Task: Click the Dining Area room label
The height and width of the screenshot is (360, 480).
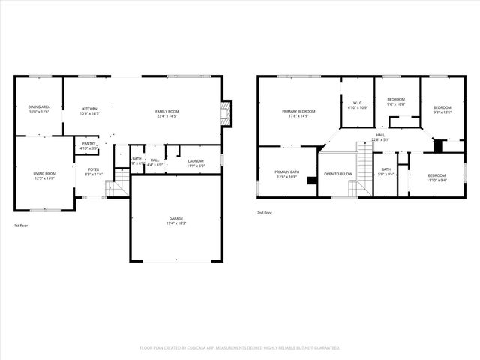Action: click(x=39, y=107)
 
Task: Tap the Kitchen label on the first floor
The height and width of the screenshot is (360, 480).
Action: click(x=89, y=109)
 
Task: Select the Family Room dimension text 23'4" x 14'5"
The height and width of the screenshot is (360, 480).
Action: click(x=167, y=116)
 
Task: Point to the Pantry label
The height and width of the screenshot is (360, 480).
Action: click(x=88, y=143)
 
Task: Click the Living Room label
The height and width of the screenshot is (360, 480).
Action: click(x=44, y=173)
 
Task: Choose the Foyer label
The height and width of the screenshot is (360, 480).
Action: click(x=93, y=169)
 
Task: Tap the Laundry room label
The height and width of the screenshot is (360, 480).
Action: click(x=196, y=160)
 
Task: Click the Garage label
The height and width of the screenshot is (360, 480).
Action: click(x=176, y=218)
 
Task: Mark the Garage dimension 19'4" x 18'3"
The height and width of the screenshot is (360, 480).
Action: click(x=176, y=223)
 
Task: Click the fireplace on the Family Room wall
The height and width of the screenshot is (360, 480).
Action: click(x=226, y=114)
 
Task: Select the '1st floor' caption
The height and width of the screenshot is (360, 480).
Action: click(x=22, y=226)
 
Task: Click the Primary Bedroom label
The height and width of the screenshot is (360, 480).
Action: click(x=298, y=112)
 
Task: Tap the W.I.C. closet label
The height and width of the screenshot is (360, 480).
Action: click(x=358, y=103)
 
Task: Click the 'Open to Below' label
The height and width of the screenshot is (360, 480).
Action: click(x=338, y=174)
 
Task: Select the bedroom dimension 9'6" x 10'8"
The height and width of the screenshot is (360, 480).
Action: click(x=396, y=104)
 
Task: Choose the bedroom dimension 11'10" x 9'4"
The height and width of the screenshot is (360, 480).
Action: click(x=436, y=180)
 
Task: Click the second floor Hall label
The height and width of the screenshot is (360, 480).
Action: click(x=380, y=135)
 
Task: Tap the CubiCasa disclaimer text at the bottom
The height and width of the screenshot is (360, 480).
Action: click(x=240, y=348)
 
